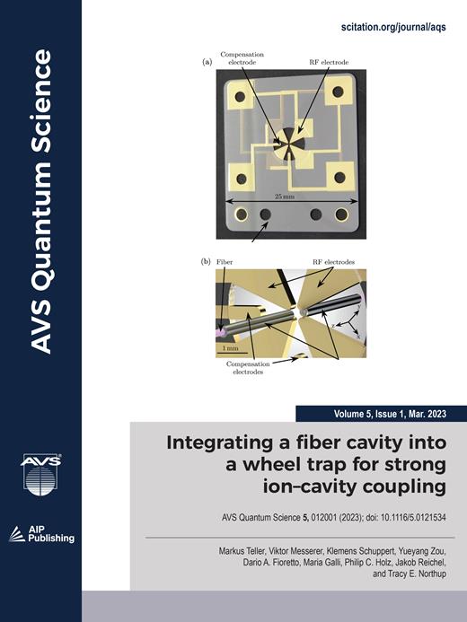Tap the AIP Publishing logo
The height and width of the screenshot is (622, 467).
[x=40, y=533]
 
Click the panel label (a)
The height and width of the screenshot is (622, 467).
[x=207, y=63]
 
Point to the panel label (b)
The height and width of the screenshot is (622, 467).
[x=207, y=262]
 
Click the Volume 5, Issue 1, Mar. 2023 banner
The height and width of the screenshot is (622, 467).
[x=381, y=414]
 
